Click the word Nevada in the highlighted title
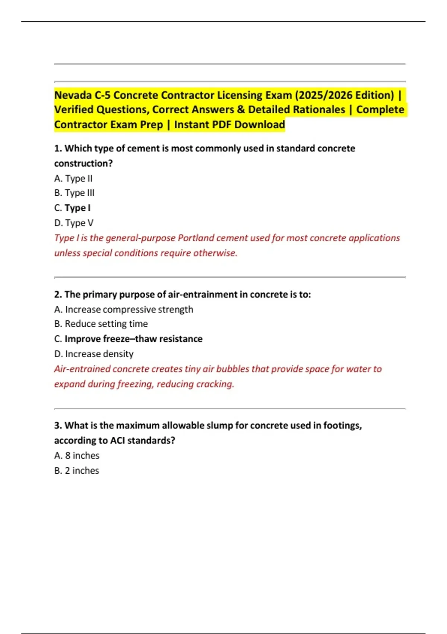click(x=73, y=95)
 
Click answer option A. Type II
click(x=73, y=179)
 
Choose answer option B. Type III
click(x=74, y=193)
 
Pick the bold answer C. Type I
click(x=73, y=208)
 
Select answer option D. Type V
click(x=74, y=223)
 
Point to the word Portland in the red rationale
click(x=196, y=238)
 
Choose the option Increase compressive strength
click(x=129, y=310)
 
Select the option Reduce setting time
click(x=106, y=324)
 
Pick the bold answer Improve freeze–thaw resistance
click(x=133, y=339)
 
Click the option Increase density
click(x=99, y=354)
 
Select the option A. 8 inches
click(x=77, y=456)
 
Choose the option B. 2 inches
click(x=77, y=471)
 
